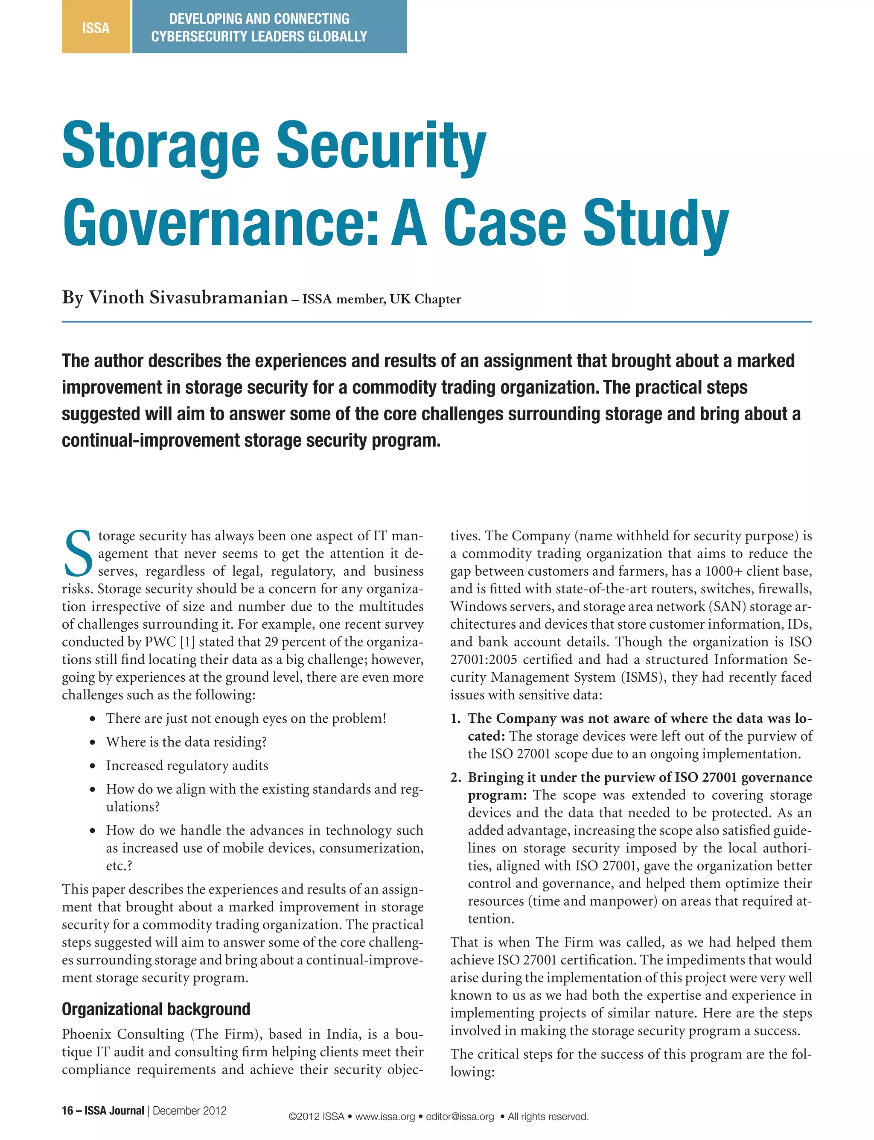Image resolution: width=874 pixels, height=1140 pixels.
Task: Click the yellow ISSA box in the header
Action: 96,27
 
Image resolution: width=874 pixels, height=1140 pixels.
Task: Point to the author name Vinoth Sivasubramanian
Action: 188,298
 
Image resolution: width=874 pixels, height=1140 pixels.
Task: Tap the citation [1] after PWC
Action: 187,642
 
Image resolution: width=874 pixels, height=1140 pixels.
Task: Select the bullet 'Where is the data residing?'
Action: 186,742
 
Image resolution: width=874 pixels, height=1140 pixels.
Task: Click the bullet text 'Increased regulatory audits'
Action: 187,765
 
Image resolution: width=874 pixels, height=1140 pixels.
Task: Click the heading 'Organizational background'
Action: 156,1009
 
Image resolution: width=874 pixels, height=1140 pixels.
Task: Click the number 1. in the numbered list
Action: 455,718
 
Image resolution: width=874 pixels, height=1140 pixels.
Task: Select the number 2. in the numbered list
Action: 455,777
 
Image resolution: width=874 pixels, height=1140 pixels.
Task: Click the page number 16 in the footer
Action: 67,1111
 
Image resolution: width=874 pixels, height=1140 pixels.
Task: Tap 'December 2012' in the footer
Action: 190,1111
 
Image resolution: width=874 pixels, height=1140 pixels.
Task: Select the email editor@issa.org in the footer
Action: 460,1117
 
